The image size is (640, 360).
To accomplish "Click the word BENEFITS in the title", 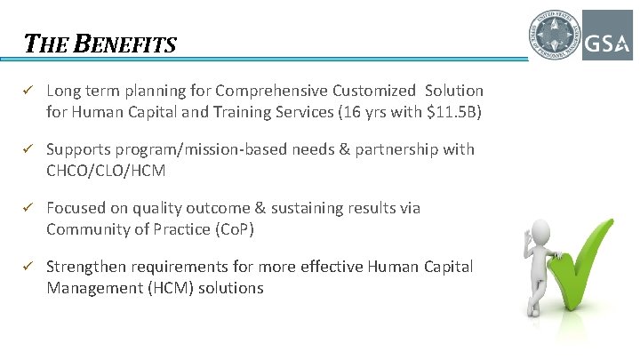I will pos(127,44).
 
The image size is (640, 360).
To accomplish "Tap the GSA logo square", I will pos(607,36).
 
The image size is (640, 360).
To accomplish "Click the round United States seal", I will pos(552,36).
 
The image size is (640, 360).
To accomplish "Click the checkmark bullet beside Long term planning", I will pos(28,91).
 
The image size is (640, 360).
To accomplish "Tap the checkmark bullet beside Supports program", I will pos(28,149).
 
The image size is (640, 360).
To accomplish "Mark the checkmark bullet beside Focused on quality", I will pos(28,208).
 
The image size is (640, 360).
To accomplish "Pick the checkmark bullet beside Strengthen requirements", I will pos(28,267).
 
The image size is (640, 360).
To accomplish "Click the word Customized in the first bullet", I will pos(373,91).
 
